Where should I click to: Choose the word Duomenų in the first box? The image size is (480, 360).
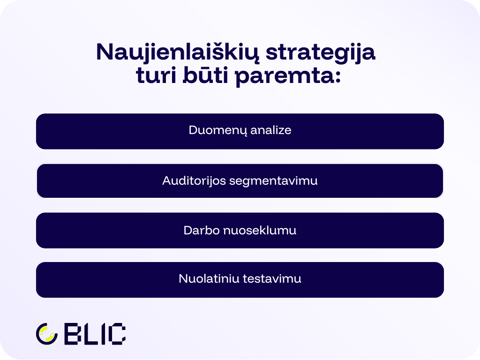click(217, 130)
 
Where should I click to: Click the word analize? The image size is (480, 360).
click(270, 130)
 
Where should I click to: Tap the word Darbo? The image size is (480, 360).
click(202, 231)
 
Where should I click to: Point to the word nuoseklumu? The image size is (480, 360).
click(260, 231)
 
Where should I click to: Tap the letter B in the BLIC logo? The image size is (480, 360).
click(72, 334)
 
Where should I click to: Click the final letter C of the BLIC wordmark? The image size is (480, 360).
click(117, 334)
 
